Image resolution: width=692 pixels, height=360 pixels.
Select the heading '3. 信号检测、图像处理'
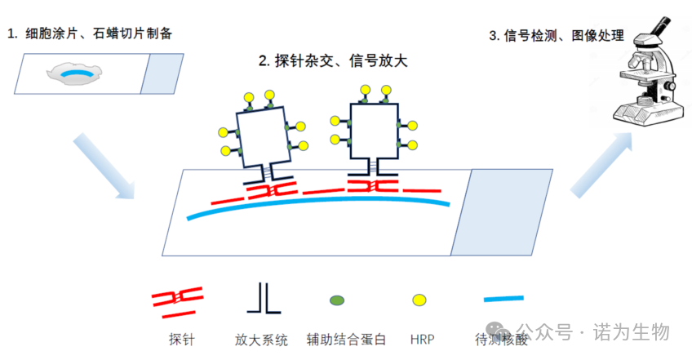click(556, 35)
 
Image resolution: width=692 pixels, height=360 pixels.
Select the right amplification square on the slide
click(373, 131)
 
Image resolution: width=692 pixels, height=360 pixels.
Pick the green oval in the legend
click(336, 301)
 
